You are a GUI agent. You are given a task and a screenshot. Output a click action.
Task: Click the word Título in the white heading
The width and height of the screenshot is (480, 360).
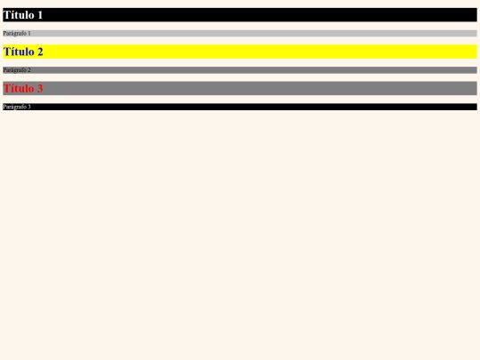(x=19, y=15)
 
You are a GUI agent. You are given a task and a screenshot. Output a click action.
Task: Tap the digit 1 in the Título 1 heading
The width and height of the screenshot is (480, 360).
(x=40, y=15)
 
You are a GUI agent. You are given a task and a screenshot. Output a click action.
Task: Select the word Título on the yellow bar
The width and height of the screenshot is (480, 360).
(x=19, y=52)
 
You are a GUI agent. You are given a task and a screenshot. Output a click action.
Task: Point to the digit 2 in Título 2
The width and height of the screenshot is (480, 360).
(x=40, y=52)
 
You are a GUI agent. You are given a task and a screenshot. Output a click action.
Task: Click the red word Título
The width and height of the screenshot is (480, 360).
(x=19, y=88)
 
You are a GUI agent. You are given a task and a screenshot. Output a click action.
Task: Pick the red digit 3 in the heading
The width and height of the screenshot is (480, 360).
(x=40, y=89)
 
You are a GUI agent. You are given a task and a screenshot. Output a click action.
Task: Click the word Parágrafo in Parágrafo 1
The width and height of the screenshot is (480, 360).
(x=15, y=34)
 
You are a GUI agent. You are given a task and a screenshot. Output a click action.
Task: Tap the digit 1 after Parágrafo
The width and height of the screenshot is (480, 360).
(x=29, y=33)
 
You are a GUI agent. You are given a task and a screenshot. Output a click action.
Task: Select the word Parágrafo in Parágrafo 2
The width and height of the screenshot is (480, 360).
(x=15, y=70)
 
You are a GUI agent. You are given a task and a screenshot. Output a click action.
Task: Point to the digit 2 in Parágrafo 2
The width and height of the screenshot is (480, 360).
(x=29, y=70)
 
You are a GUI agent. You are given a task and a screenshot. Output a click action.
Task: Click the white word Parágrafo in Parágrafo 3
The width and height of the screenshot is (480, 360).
(x=15, y=107)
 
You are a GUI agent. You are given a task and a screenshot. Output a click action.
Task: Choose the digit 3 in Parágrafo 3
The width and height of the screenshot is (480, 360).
(x=29, y=107)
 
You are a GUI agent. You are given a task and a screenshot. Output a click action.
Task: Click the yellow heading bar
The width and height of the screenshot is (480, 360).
(x=240, y=52)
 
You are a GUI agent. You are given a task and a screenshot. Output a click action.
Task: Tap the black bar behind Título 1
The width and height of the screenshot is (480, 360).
(x=240, y=15)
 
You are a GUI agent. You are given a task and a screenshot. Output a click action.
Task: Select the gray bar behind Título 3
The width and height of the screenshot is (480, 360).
(x=240, y=88)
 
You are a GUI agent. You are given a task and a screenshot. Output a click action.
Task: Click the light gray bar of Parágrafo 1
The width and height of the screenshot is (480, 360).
(x=240, y=34)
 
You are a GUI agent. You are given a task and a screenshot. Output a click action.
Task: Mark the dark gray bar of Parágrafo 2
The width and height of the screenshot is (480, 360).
(x=240, y=70)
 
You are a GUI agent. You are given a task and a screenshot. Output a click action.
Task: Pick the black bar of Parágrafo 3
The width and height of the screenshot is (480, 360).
(x=240, y=107)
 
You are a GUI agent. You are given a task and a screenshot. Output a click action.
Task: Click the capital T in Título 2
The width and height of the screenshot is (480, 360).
(x=7, y=52)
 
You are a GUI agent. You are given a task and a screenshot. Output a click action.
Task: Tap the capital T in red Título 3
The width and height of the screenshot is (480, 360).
(x=7, y=88)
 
